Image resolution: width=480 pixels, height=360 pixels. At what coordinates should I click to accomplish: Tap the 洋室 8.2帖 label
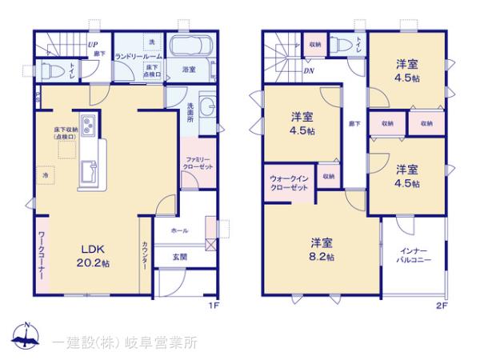tap(322, 249)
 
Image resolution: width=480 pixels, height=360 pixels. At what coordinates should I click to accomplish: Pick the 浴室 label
tap(189, 69)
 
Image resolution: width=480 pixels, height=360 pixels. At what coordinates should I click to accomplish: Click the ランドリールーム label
tap(138, 57)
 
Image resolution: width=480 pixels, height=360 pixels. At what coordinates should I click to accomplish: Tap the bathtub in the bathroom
tap(190, 46)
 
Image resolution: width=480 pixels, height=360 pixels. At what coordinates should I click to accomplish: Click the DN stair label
tap(309, 70)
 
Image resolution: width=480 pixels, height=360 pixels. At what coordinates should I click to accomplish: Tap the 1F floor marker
tap(214, 305)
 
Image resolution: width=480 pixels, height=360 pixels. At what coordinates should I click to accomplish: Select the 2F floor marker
tap(441, 305)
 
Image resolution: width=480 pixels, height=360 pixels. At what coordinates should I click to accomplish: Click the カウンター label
tap(144, 255)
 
